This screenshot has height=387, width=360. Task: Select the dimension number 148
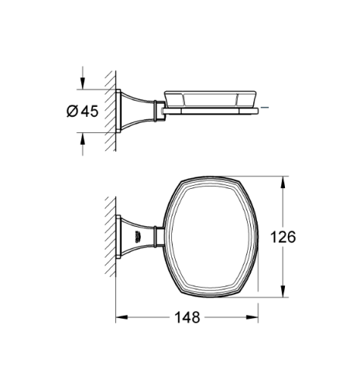[185, 317]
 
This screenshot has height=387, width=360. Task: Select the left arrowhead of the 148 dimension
[121, 317]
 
